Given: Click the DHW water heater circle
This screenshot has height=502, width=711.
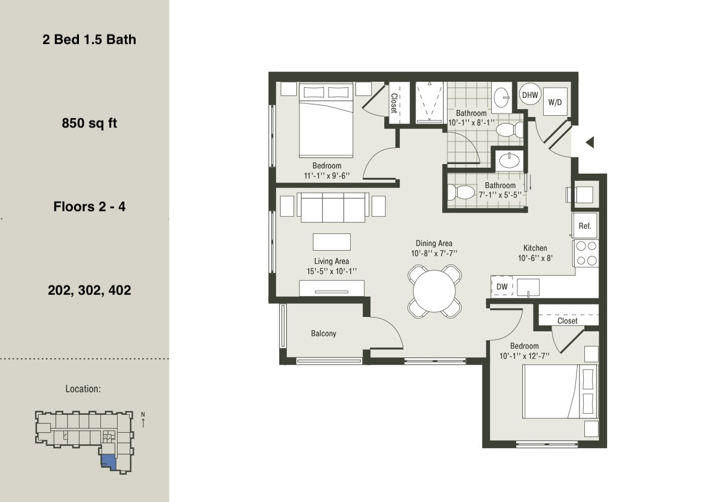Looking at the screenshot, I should tap(530, 94).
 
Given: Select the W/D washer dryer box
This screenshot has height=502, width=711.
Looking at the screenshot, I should tap(555, 102).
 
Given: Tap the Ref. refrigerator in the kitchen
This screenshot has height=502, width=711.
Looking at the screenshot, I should tap(584, 226).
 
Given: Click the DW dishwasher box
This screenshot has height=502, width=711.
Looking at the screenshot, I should tap(502, 287).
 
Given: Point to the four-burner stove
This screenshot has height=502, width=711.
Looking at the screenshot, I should tap(586, 253).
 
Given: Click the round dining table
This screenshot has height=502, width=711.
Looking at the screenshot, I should tap(434, 291).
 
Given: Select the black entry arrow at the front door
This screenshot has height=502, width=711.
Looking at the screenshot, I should tap(589, 143).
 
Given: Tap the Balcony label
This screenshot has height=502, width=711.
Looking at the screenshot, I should tap(323, 333).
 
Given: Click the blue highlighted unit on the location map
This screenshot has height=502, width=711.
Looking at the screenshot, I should tap(108, 461).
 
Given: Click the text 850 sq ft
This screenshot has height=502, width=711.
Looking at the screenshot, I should tap(89, 124).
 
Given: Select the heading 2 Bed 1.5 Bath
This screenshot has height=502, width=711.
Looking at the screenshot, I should tap(89, 39).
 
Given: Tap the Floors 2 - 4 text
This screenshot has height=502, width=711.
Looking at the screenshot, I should tap(89, 207).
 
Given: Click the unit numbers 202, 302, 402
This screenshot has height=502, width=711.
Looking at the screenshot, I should tap(89, 291).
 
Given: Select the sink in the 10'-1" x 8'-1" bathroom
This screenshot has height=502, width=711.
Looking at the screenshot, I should tap(501, 96).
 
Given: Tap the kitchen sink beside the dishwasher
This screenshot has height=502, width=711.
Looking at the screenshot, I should tap(528, 287).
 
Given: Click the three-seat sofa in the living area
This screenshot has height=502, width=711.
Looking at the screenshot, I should tap(334, 207).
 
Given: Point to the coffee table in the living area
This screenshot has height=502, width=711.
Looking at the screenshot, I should tap(332, 242).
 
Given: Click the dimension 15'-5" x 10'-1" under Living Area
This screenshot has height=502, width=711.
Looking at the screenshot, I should tap(332, 272).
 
